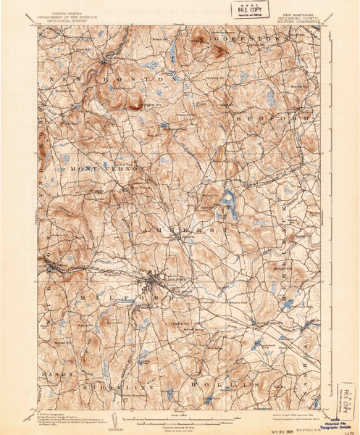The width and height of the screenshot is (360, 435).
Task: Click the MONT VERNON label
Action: click(x=107, y=167)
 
